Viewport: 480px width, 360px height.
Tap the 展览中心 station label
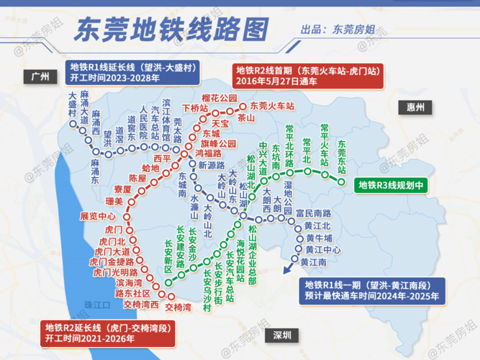click(x=98, y=216)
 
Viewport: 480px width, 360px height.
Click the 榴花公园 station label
click(x=219, y=97)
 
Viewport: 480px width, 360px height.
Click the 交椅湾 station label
click(x=178, y=307)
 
